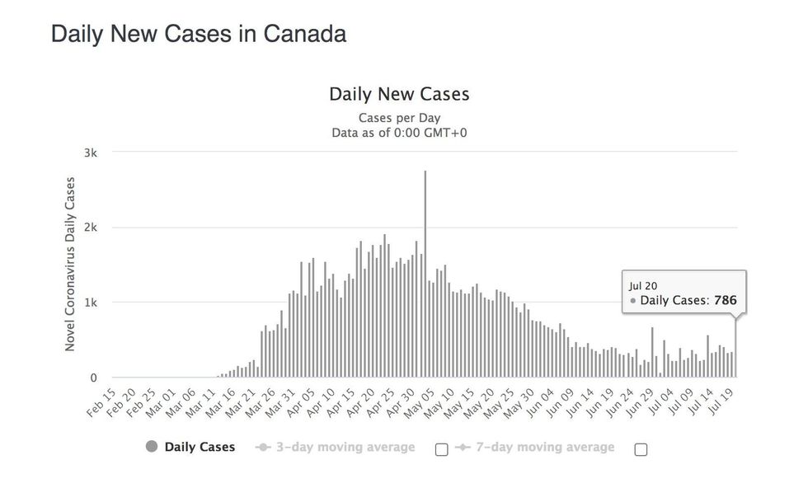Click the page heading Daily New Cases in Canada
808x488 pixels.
point(199,34)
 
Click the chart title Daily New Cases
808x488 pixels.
point(399,94)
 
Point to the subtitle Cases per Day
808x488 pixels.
point(399,117)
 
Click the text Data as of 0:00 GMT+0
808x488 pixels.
point(399,132)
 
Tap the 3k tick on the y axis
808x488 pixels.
point(91,152)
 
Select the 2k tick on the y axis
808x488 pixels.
point(91,228)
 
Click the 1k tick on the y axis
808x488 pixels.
point(91,303)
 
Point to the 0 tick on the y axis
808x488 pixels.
point(94,378)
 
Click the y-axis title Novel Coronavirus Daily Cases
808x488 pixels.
point(70,264)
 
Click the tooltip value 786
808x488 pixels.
point(726,301)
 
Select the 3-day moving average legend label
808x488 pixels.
point(345,447)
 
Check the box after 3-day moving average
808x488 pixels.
point(441,449)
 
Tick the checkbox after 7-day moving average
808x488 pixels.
point(641,449)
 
